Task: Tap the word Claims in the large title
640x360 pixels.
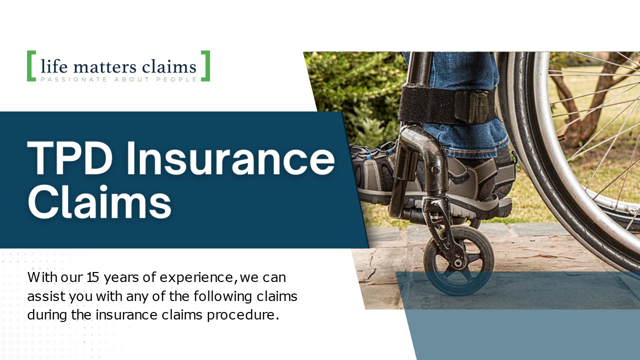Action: click(99, 202)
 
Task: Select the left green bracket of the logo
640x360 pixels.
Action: click(31, 66)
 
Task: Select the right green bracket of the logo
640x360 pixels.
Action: click(205, 66)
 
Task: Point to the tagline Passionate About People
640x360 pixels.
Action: click(118, 79)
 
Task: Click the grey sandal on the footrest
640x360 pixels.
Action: click(380, 170)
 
